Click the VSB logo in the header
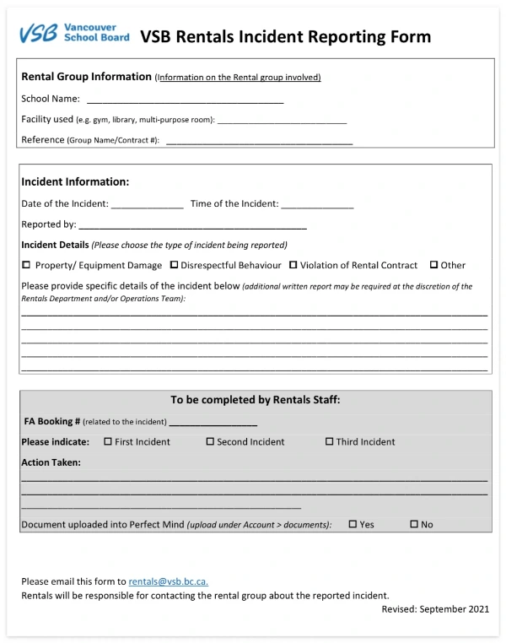pos(74,33)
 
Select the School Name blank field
pos(185,99)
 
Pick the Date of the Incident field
pos(147,204)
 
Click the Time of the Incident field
pos(317,204)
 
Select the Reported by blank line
pos(191,225)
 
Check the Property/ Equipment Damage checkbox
pos(26,265)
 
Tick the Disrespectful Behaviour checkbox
pos(174,265)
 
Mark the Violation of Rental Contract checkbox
pos(293,265)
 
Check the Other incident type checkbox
pos(433,265)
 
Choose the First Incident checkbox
pos(107,441)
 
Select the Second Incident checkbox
pos(210,441)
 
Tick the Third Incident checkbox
pos(329,441)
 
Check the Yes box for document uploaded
pos(353,524)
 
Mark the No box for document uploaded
pos(413,524)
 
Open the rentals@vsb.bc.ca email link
pos(169,581)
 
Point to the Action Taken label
pos(51,462)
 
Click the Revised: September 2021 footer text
pos(434,608)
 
